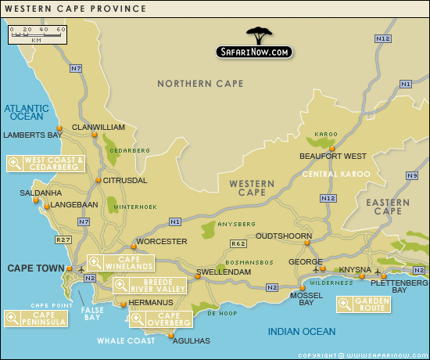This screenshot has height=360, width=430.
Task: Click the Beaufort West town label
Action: [x=333, y=156]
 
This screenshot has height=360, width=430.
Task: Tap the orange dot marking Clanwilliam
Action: [x=94, y=135]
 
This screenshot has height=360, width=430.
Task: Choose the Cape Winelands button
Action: [x=120, y=263]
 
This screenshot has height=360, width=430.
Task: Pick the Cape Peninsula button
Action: [x=30, y=318]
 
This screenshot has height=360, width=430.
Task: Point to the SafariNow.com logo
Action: [x=255, y=45]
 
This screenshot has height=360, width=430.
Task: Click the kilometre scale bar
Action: [x=38, y=34]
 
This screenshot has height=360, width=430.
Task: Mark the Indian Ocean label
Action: [x=301, y=332]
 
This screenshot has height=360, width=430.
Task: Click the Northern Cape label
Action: [x=200, y=84]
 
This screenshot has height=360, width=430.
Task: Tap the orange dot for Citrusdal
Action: [x=99, y=180]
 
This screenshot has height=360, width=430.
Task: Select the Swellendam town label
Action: [x=223, y=272]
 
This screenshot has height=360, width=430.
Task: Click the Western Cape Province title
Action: [x=75, y=9]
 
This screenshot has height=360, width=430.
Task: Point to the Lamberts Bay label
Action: [x=32, y=135]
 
